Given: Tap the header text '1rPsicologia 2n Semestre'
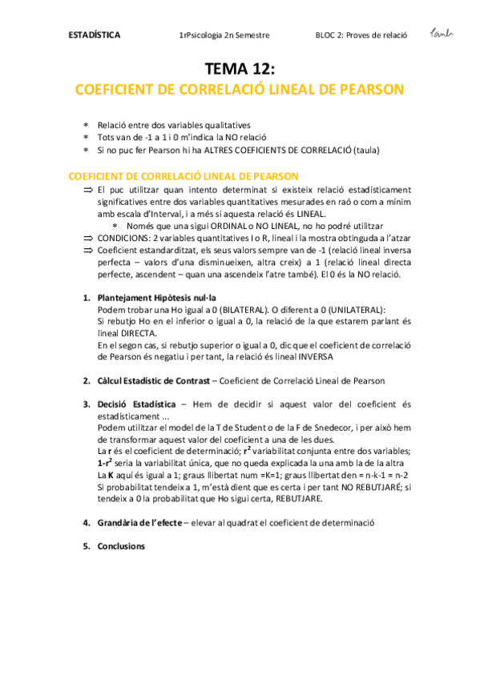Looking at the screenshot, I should [x=224, y=35].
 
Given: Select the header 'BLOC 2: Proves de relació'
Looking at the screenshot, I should [x=361, y=35].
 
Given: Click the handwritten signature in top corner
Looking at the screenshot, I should [x=442, y=32].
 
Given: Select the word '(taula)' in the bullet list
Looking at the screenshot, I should [x=365, y=150].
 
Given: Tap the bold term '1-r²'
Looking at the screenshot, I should [x=104, y=464].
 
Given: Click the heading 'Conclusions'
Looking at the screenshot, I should [x=120, y=546].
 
